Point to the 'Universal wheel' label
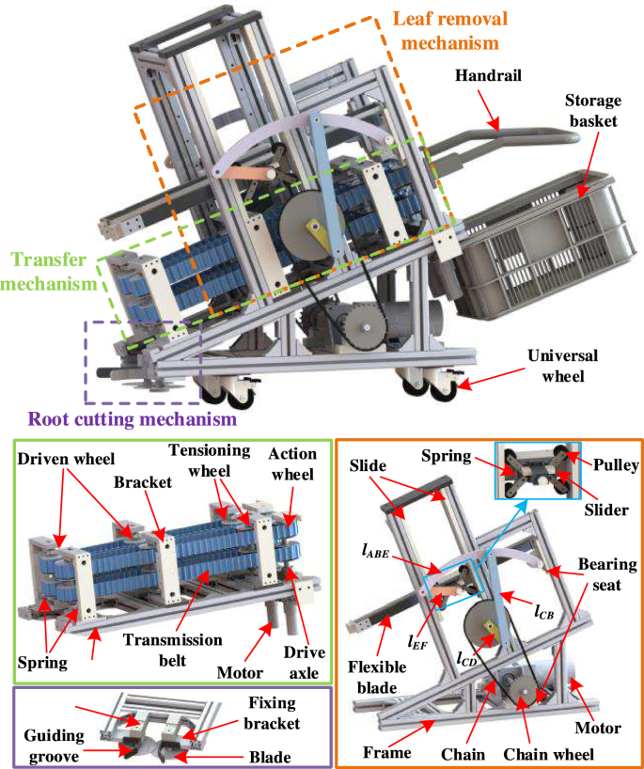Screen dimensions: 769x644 [563, 368]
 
